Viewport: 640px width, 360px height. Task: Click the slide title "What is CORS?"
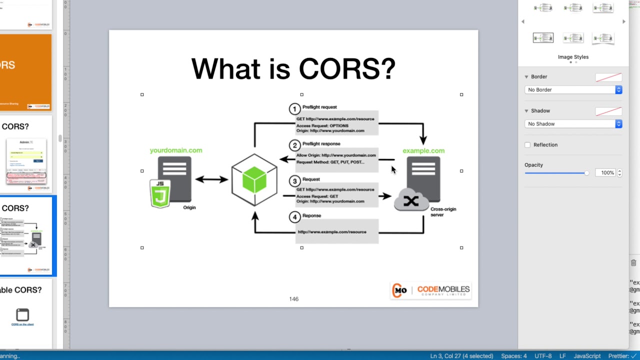293,69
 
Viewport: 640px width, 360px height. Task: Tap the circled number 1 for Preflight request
294,109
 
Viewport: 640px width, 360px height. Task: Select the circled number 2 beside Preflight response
294,145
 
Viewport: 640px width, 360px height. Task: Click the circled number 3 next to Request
294,181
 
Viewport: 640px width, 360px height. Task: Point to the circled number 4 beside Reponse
294,217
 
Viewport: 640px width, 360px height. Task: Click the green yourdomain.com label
176,150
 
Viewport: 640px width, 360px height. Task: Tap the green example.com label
423,150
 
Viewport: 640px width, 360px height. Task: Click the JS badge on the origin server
160,193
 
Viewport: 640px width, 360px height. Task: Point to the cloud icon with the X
411,200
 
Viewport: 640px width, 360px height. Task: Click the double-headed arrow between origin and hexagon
211,179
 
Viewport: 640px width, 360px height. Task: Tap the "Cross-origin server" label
442,211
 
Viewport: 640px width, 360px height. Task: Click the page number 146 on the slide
293,299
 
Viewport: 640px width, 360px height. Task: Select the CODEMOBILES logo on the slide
430,290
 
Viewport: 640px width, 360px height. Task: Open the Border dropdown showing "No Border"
573,90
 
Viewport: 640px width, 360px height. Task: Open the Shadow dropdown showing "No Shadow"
573,124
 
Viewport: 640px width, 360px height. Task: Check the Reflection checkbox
527,145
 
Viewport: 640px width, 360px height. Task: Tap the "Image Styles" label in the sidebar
573,57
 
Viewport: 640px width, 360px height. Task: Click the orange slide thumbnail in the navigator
26,72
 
